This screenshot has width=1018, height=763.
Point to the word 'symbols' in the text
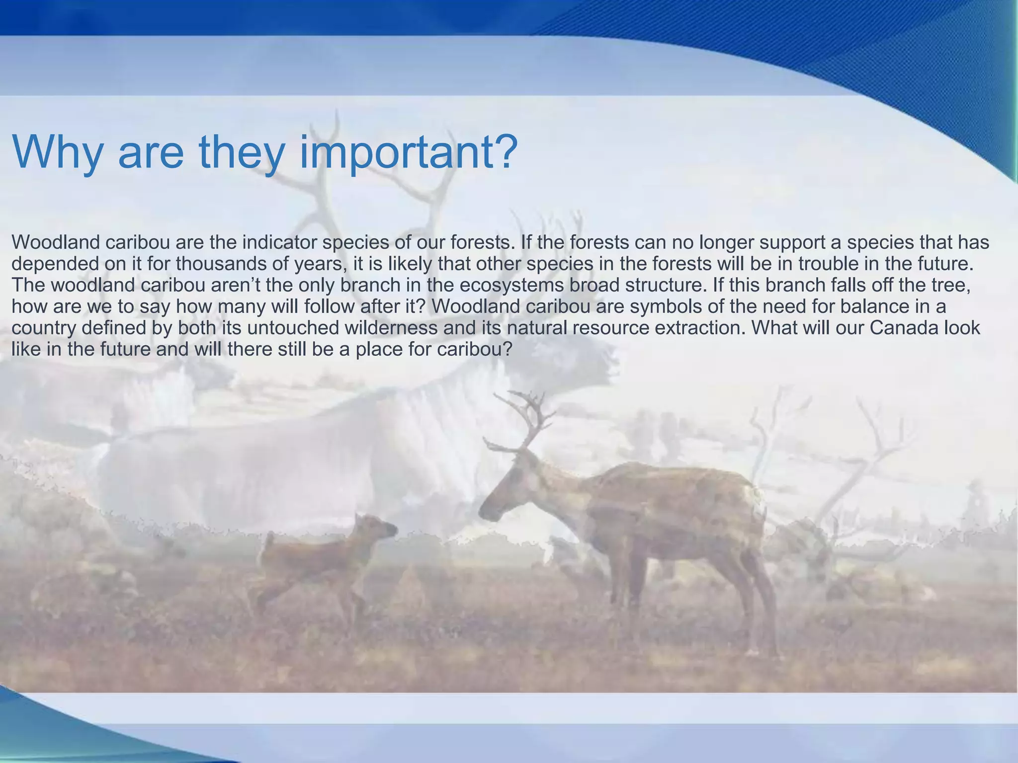[666, 306]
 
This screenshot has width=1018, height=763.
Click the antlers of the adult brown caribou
[522, 422]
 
